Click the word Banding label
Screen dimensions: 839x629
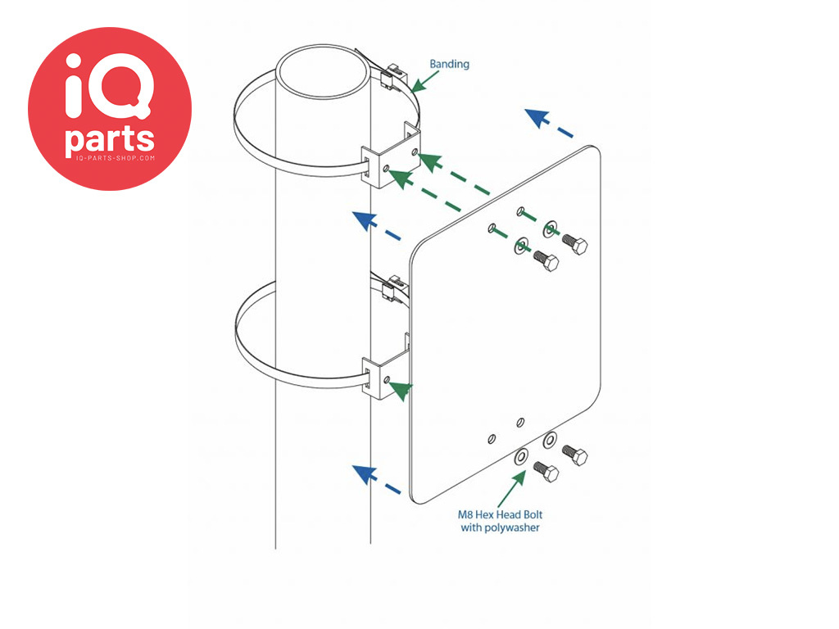(x=449, y=64)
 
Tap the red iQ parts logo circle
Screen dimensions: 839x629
(x=110, y=109)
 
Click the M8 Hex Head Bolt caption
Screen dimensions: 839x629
(x=500, y=515)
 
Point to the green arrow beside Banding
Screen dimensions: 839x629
(x=424, y=81)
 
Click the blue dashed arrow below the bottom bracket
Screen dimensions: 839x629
(x=377, y=479)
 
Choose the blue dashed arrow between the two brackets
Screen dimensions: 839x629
(x=377, y=226)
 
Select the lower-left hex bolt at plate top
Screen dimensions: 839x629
(x=546, y=261)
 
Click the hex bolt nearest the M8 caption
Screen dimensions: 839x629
(x=546, y=472)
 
